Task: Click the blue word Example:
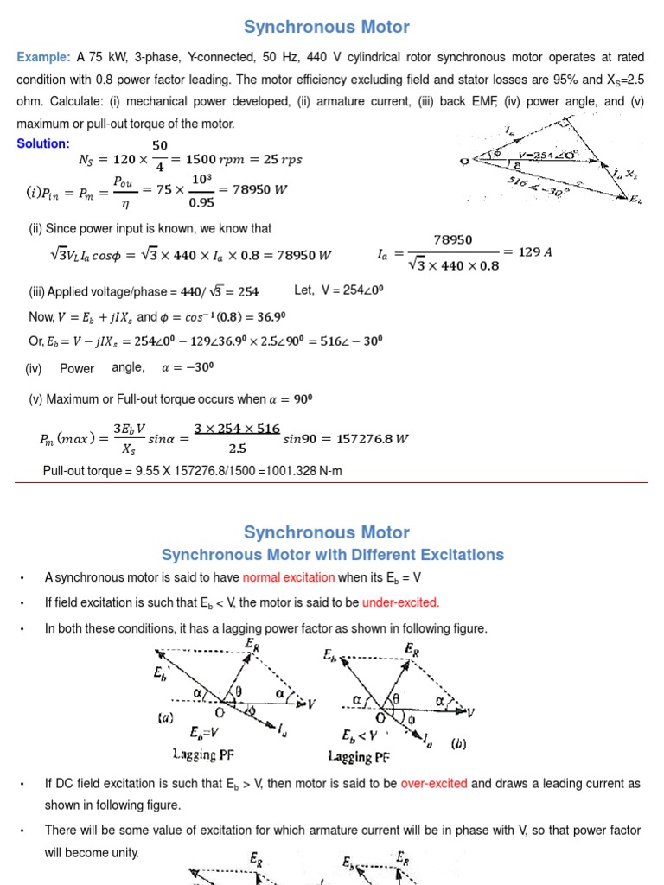tap(43, 57)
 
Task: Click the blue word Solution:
tap(43, 143)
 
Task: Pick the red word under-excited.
tap(400, 602)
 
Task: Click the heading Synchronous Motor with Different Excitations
tap(333, 555)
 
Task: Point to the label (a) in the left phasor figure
tap(165, 716)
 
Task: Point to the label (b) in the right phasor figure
tap(459, 718)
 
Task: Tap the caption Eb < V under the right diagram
tap(358, 737)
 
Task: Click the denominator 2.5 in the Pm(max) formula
tap(237, 449)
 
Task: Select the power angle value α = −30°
tap(188, 367)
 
